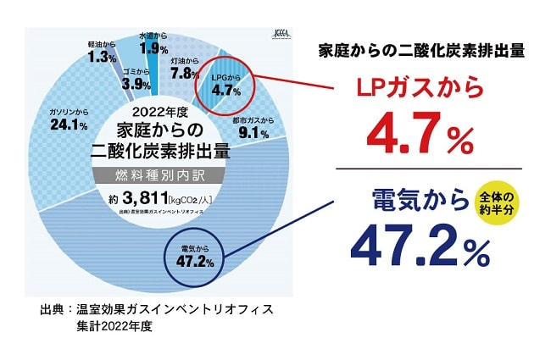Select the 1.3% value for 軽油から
click(102, 57)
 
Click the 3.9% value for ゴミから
click(136, 84)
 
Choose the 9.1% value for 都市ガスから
click(253, 132)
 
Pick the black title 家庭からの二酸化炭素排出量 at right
click(421, 49)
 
